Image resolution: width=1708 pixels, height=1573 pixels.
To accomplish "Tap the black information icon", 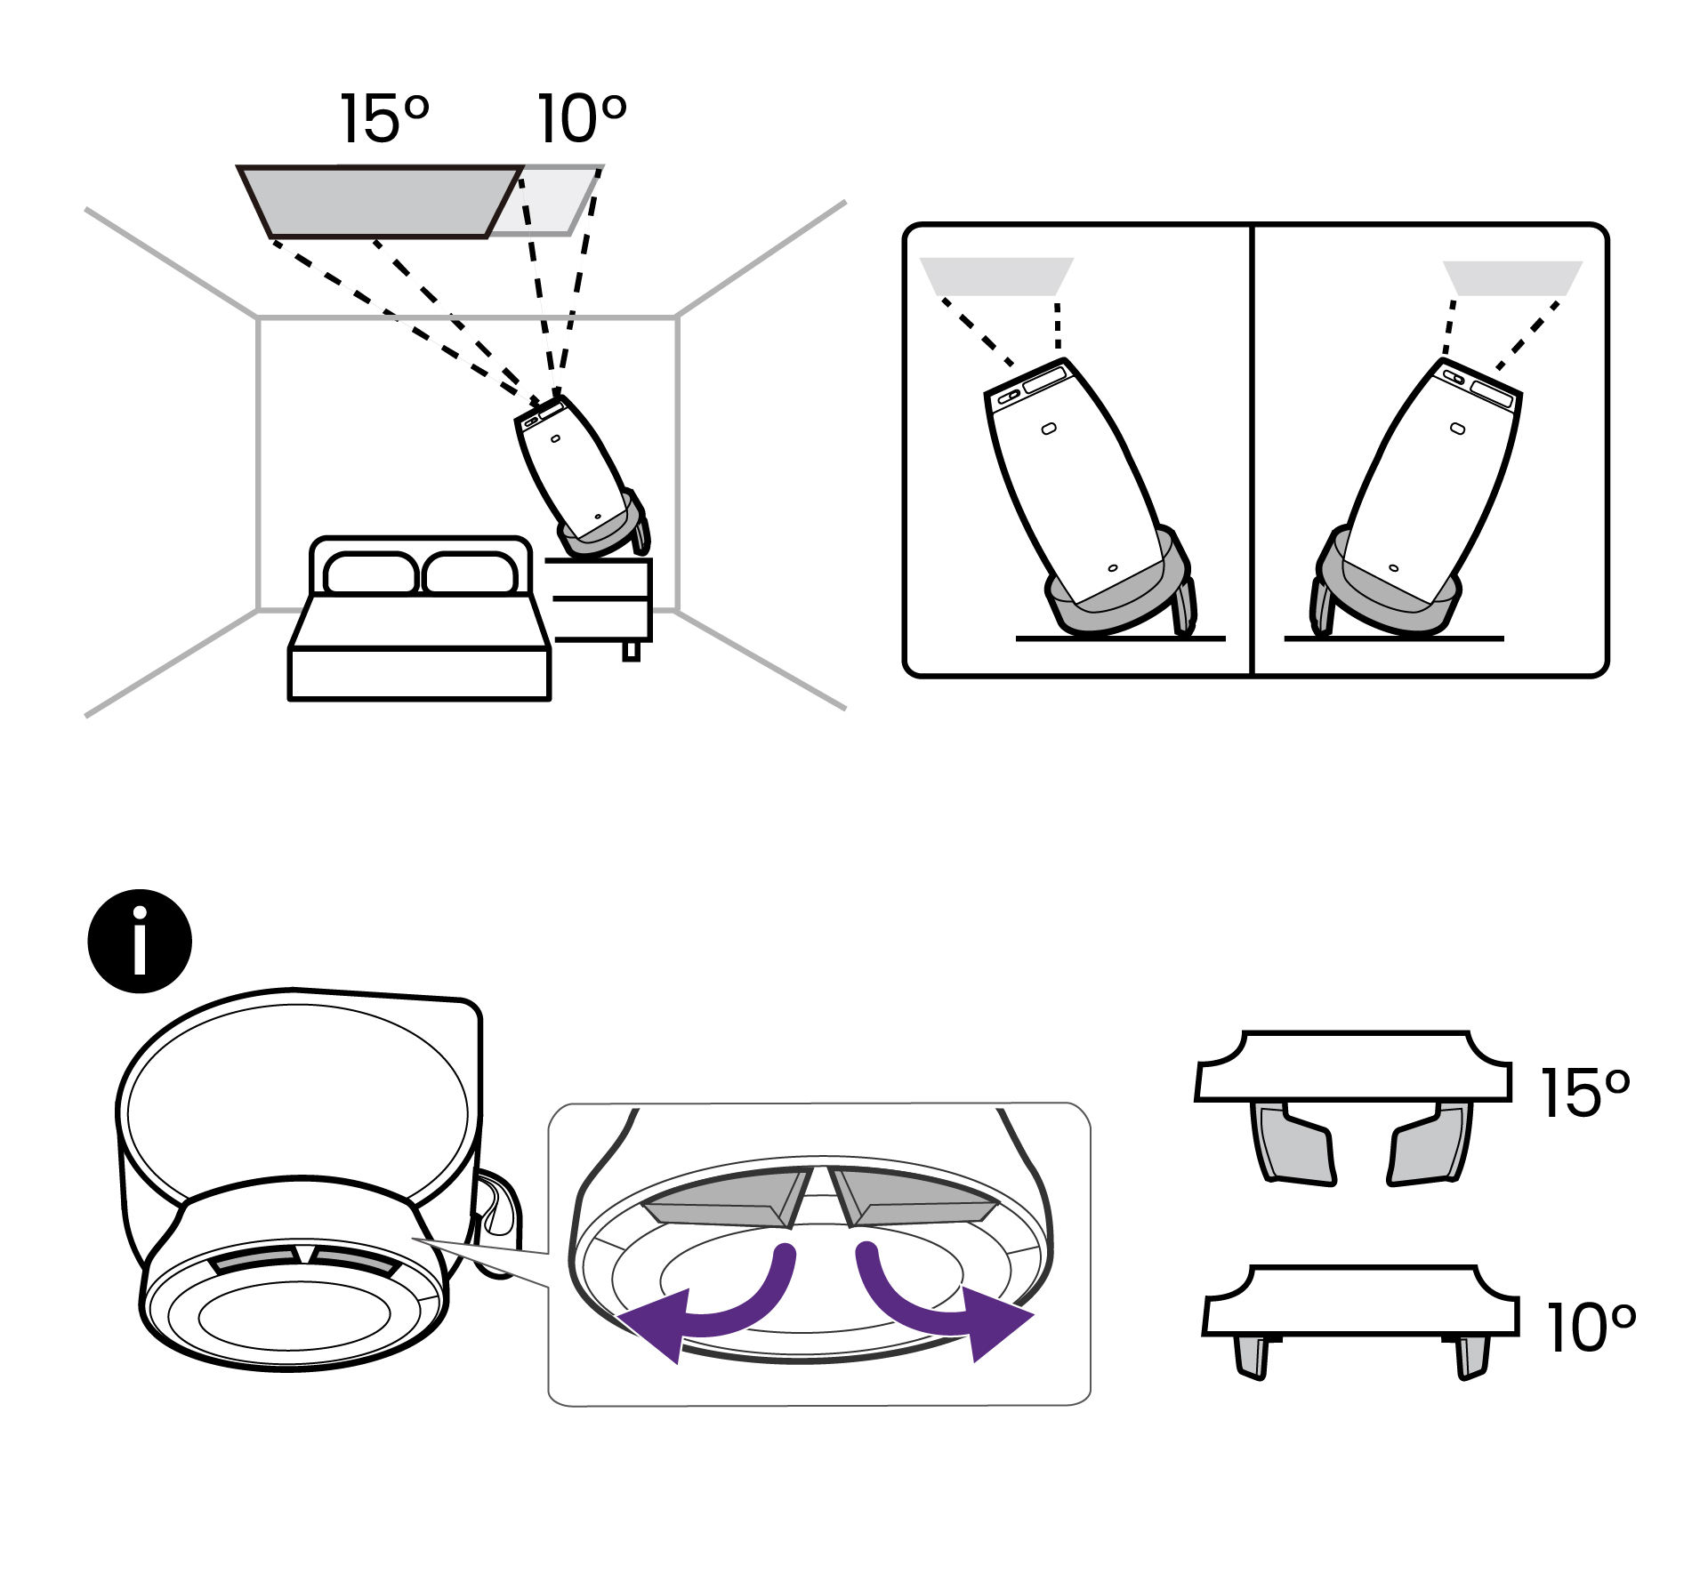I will tap(140, 941).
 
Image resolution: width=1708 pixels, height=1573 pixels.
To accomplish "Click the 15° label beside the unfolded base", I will tap(1584, 1093).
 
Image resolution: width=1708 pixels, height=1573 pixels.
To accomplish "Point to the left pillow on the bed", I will tap(370, 573).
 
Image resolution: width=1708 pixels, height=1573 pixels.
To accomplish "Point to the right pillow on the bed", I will tap(470, 573).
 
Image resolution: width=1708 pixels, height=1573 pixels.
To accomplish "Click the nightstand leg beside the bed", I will tap(631, 651).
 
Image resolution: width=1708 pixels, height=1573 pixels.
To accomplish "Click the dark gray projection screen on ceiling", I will tap(378, 201).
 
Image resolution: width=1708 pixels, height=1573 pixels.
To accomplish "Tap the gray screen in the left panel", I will tap(996, 276).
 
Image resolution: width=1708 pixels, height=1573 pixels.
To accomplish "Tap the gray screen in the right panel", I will tap(1512, 277).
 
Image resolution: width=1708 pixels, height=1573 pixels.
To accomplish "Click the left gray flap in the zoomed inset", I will tap(725, 1196).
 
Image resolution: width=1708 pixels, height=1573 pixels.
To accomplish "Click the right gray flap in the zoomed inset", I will tap(916, 1196).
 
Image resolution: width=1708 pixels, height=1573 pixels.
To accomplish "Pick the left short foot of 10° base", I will tap(1251, 1357).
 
